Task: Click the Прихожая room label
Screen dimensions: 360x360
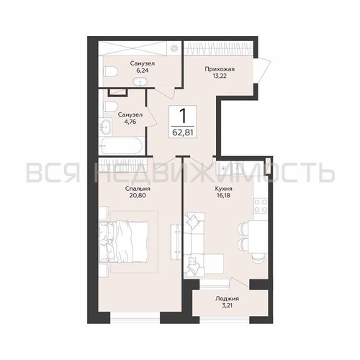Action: tap(220, 69)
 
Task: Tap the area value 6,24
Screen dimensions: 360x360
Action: tap(143, 71)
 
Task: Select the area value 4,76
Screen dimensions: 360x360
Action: tap(130, 122)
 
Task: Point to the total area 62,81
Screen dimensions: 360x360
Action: tap(183, 132)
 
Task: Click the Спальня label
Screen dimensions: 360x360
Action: tap(138, 189)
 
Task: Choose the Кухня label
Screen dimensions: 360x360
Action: tap(223, 189)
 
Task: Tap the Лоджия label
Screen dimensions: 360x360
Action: tap(227, 299)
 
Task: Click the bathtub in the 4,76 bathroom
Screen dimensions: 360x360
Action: tap(121, 145)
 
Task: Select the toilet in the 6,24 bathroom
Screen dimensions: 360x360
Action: tap(111, 71)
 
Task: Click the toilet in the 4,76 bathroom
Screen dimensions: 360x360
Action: tap(110, 107)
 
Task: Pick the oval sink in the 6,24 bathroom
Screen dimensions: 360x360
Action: tap(140, 82)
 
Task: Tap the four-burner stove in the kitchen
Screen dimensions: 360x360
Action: tap(261, 206)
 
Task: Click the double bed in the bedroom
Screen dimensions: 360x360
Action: tap(124, 242)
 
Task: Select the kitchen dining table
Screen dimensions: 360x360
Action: tap(258, 237)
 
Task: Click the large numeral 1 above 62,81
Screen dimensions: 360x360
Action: tap(183, 116)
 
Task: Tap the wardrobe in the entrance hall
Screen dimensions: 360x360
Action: tap(218, 49)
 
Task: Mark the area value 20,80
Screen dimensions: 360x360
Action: tap(138, 195)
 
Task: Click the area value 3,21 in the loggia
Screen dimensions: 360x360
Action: tap(227, 306)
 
